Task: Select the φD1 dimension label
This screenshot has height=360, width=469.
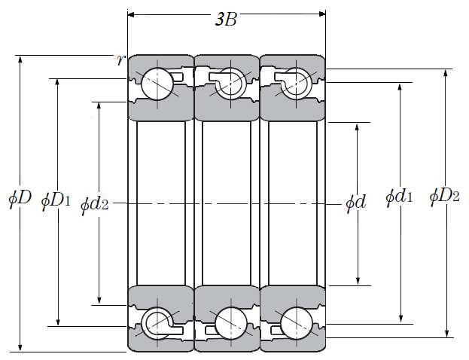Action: tap(56, 200)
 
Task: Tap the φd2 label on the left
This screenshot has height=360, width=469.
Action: tap(94, 203)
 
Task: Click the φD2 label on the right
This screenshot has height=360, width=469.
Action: tap(444, 197)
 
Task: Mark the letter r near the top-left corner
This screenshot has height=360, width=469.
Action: tap(120, 60)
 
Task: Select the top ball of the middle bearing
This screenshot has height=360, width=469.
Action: tap(229, 81)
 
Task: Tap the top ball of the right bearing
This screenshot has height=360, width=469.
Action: tap(295, 81)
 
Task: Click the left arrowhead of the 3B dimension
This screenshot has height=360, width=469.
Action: tap(132, 13)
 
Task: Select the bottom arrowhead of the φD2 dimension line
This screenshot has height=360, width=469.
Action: tap(449, 332)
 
